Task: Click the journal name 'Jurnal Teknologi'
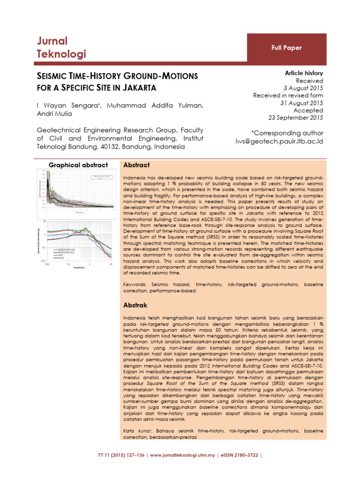coord(61,47)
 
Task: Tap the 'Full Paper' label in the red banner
coord(286,48)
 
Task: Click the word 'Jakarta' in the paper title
coord(139,87)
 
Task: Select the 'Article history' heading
coord(304,73)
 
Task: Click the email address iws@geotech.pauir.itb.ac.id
coord(279,141)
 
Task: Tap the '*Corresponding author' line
coord(287,133)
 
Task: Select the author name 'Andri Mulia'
coord(54,114)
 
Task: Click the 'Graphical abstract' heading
coord(79,165)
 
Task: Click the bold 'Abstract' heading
coord(136,165)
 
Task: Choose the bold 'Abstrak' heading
coord(135,305)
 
